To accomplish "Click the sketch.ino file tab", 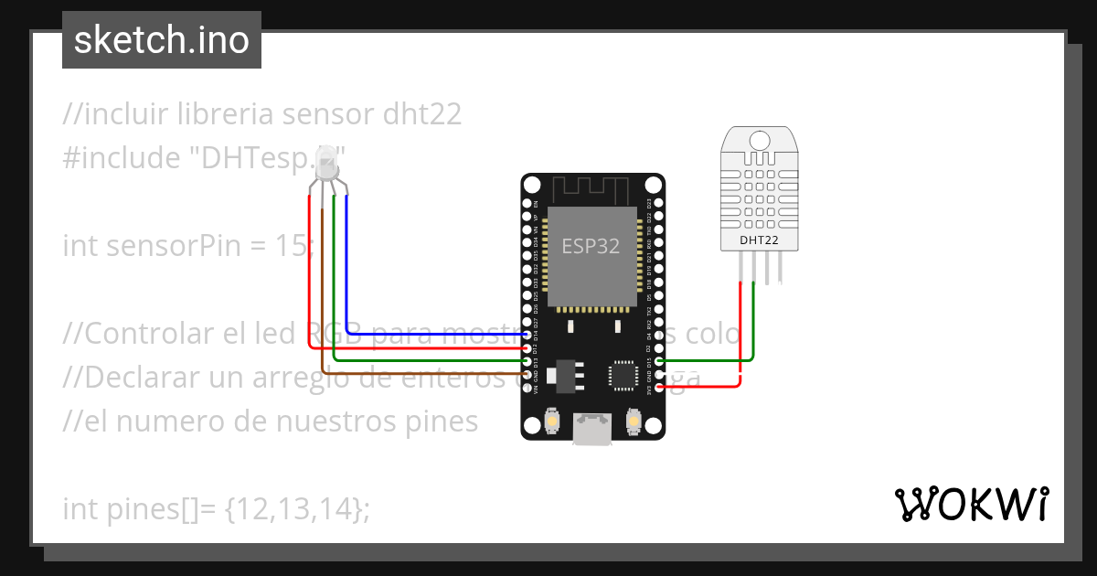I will coord(161,40).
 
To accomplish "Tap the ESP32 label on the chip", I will coord(590,246).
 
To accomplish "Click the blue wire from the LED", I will coord(347,274).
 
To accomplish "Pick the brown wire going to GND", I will coord(322,302).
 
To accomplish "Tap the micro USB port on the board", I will coord(591,429).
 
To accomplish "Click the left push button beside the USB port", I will coord(552,420).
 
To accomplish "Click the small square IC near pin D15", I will coord(623,374).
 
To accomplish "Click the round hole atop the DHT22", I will coord(760,141).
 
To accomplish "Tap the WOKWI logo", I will coord(971,504).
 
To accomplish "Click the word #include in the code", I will coord(121,158).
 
